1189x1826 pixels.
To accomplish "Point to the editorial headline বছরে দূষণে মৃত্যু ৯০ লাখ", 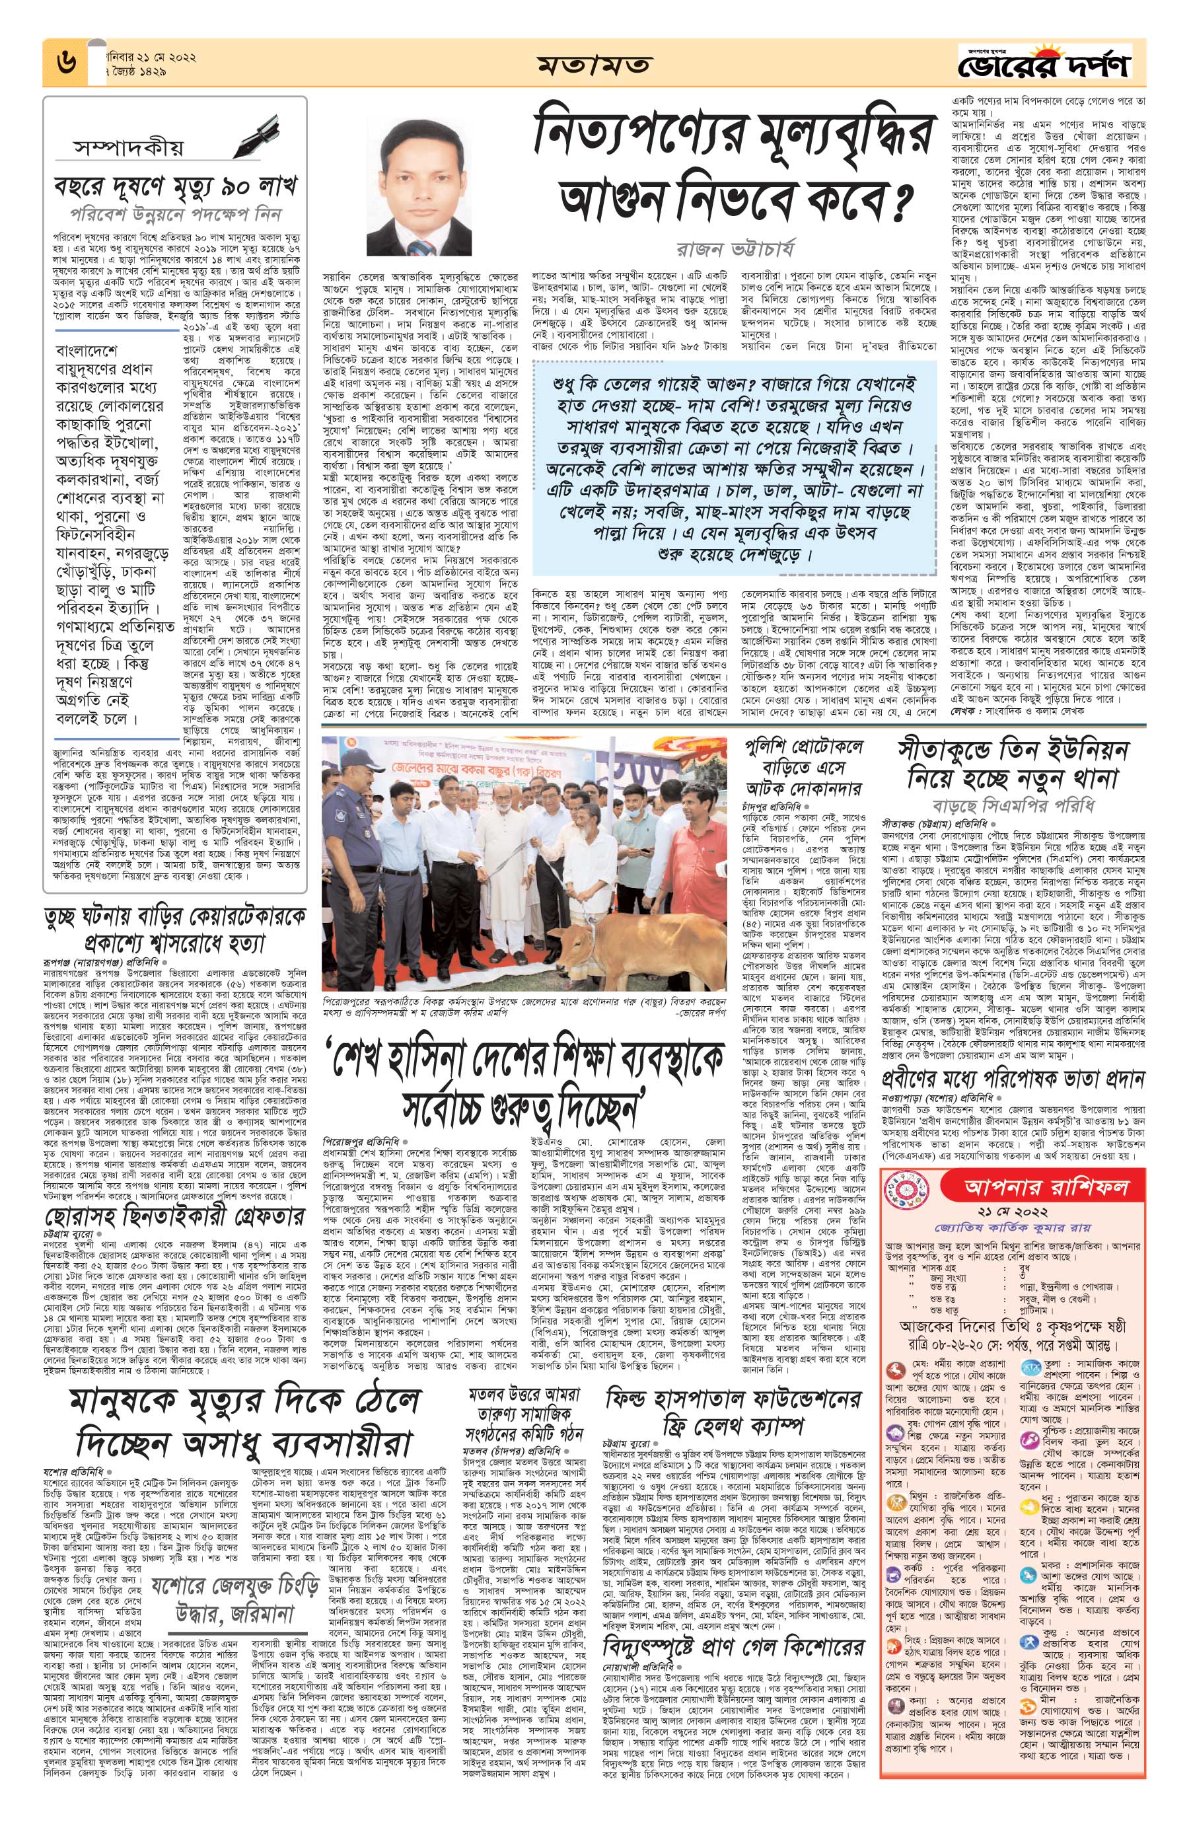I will coord(174,186).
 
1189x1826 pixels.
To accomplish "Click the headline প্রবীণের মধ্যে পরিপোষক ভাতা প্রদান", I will coord(1013,1079).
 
